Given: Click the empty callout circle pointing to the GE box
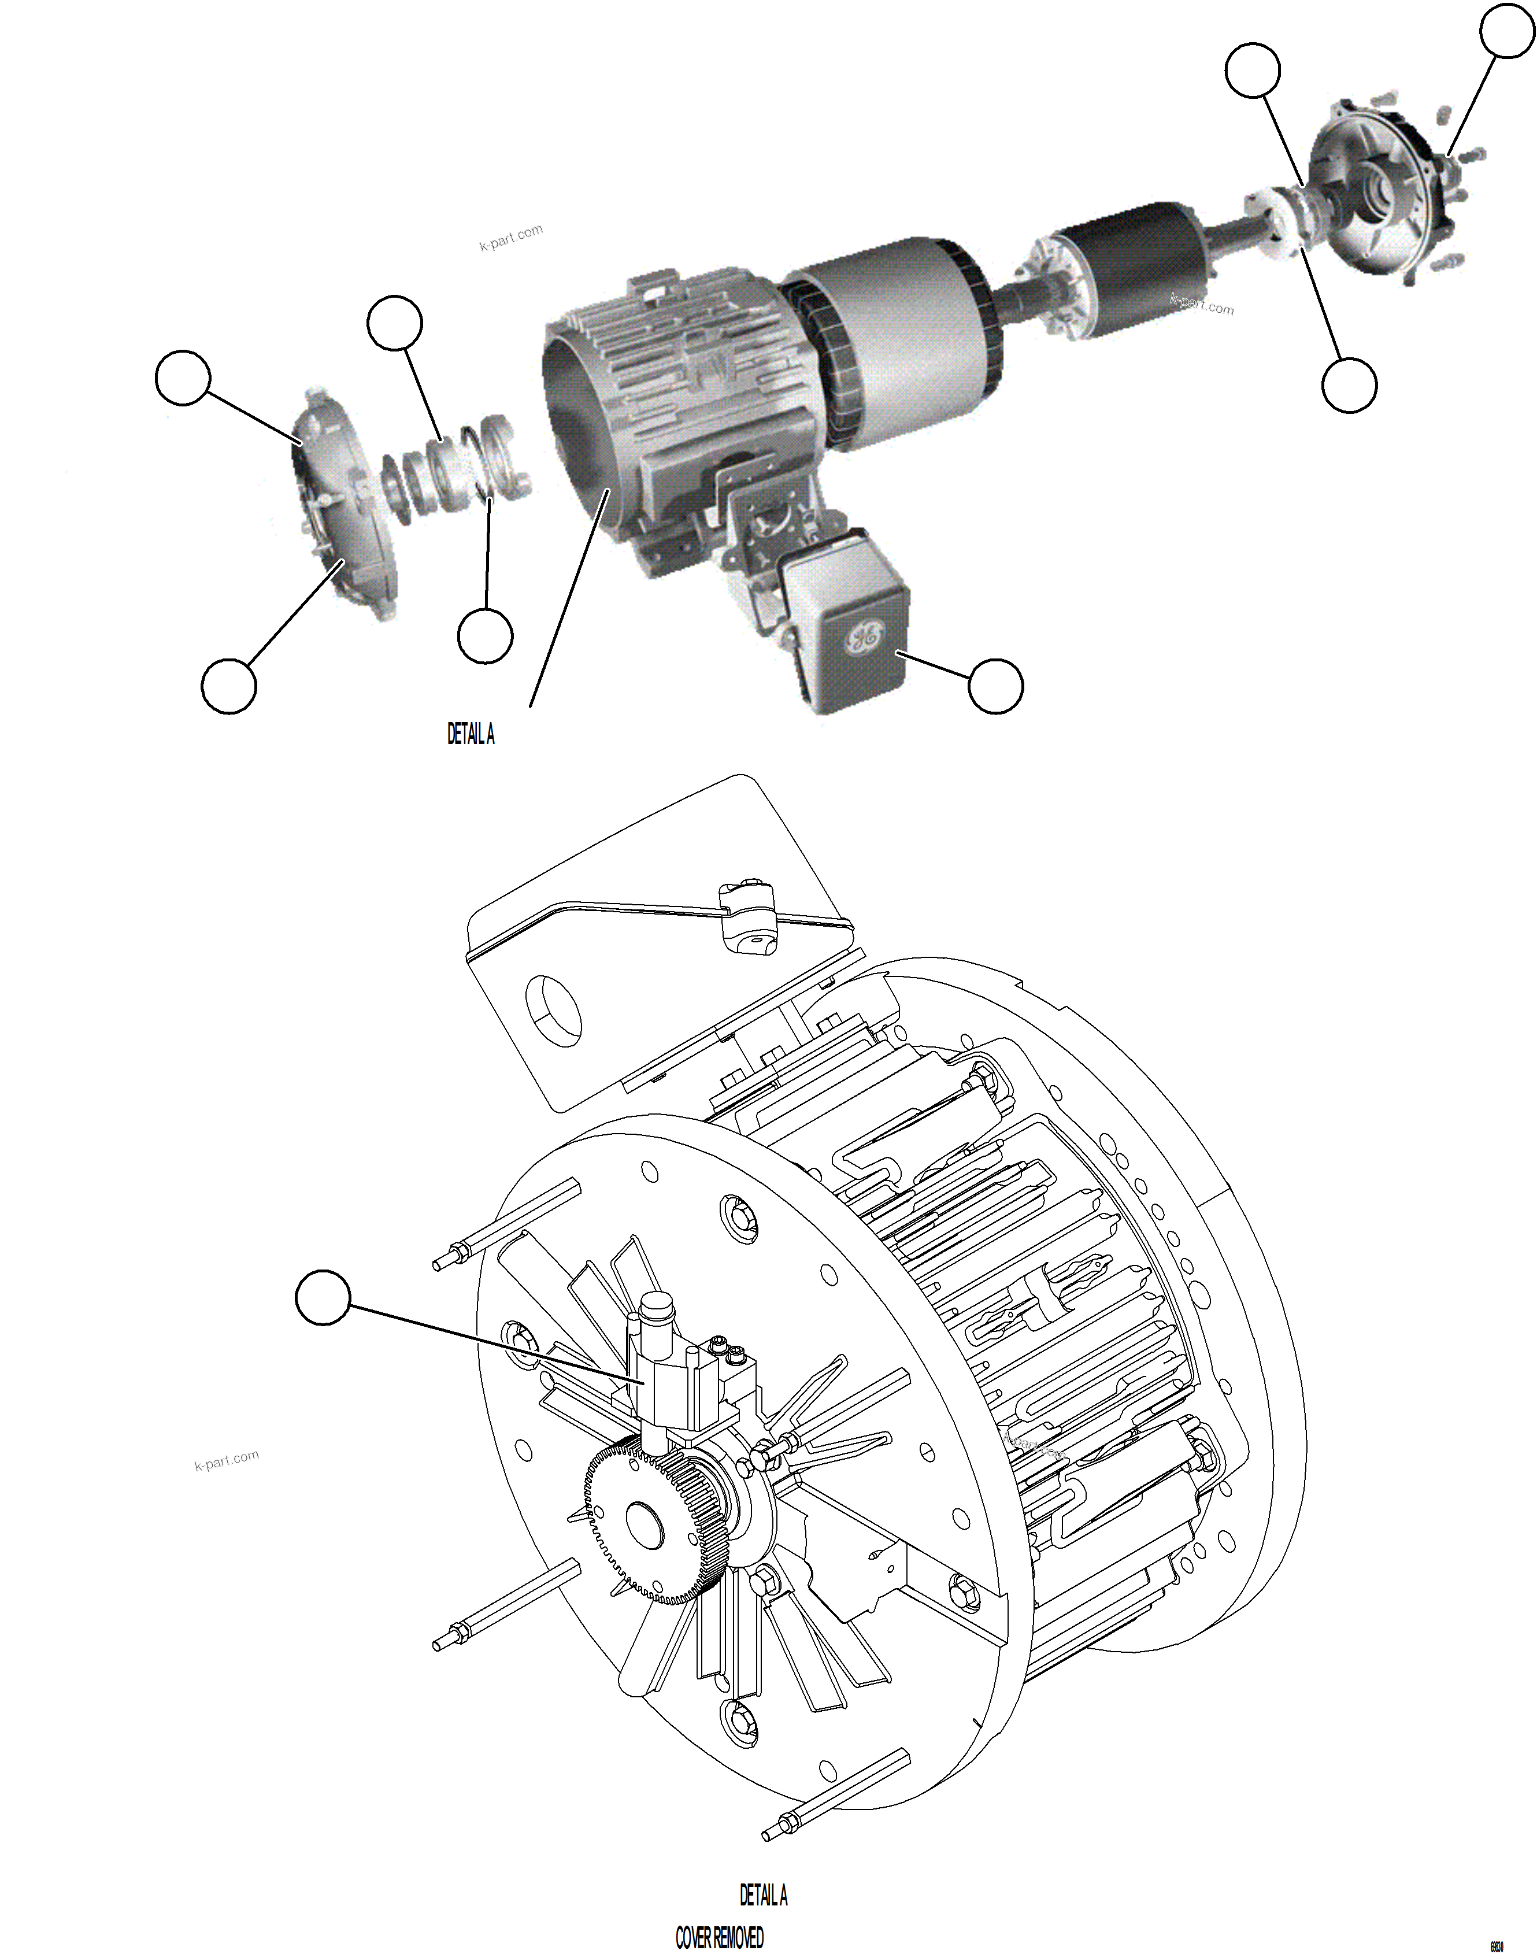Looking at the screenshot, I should pos(995,686).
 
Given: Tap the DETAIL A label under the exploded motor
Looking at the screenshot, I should pos(471,734).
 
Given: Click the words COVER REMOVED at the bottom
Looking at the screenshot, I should pos(719,1937).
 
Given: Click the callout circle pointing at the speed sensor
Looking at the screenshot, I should pos(322,1297).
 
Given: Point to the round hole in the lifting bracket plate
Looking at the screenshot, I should pos(553,1010).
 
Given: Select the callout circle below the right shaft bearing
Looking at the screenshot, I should pos(1349,384).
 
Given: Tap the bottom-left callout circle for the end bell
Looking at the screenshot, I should pos(228,686).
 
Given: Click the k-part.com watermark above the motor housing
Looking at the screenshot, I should pos(511,236).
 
